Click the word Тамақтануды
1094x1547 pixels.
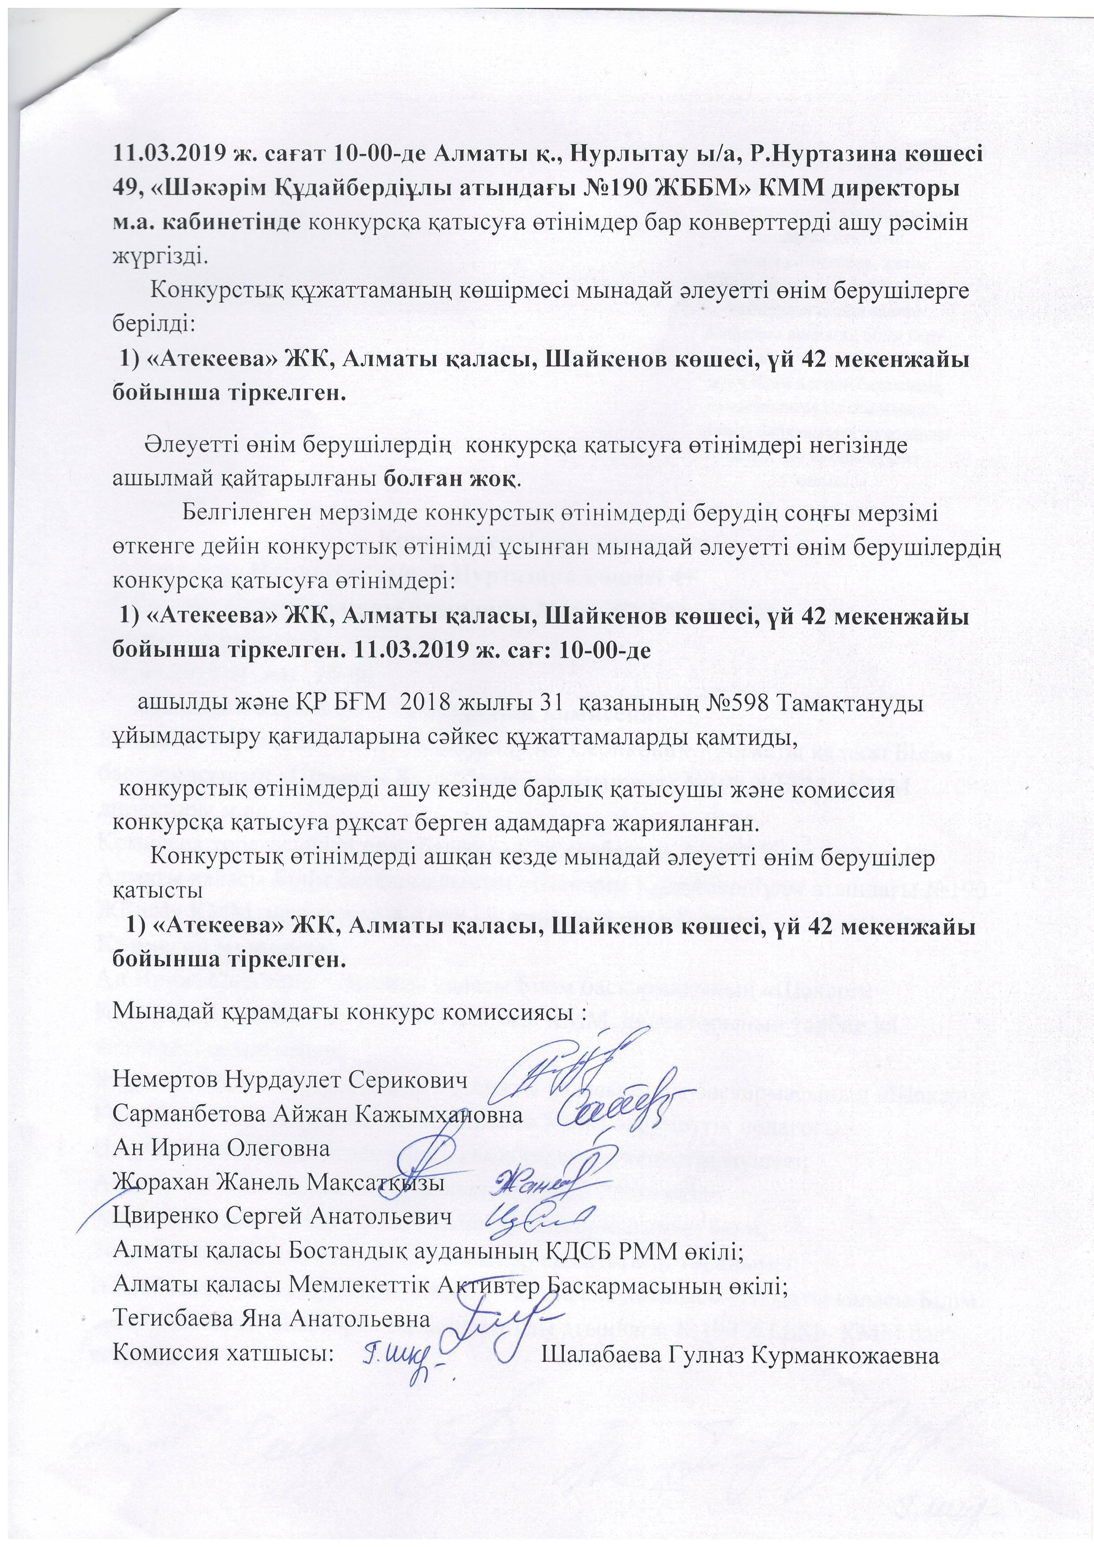pos(852,703)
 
